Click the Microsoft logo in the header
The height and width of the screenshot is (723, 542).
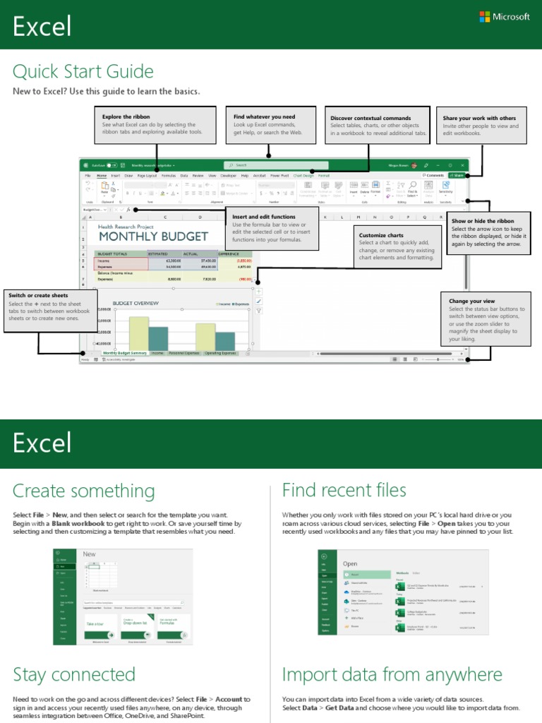504,16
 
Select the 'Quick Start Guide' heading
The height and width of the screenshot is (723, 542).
83,71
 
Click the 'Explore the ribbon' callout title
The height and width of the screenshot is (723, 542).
126,116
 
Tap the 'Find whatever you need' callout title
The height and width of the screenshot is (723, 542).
265,116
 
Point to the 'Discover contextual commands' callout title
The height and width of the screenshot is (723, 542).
371,118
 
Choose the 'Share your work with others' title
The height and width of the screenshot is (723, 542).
479,118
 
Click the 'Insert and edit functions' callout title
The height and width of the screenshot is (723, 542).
264,217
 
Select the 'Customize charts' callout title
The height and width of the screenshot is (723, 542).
381,235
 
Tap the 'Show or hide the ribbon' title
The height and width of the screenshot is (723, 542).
483,221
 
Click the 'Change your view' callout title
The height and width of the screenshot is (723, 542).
472,301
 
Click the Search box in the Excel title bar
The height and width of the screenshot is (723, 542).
268,165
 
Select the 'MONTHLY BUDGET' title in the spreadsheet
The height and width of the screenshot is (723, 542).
153,237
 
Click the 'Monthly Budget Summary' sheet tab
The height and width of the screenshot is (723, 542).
124,352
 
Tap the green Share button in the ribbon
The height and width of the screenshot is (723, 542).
457,174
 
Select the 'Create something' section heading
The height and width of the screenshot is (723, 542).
83,491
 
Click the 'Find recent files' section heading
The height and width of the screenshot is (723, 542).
344,490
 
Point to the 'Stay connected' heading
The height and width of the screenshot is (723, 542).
73,674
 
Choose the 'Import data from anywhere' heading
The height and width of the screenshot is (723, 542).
392,674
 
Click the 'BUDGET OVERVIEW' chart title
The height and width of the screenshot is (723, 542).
135,303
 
